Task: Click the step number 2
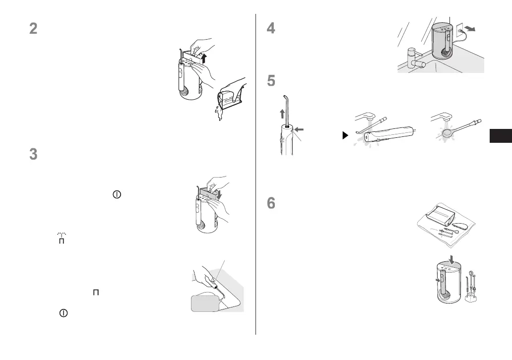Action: coord(33,28)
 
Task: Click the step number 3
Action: coord(33,154)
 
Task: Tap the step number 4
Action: coord(271,28)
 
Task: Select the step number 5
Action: coord(271,81)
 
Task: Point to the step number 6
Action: coord(271,204)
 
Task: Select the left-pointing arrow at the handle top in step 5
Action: coord(300,130)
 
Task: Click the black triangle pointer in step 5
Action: coord(346,135)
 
